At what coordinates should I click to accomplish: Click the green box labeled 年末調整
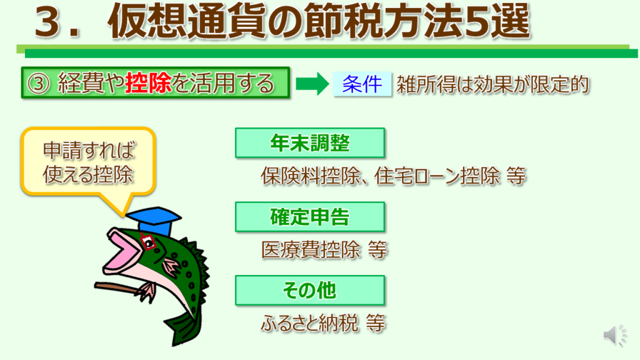coord(310,143)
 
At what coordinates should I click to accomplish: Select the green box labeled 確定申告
coord(310,217)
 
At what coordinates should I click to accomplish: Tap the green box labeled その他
coord(310,290)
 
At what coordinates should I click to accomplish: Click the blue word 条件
coord(362,84)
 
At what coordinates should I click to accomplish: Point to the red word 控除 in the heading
coord(149,83)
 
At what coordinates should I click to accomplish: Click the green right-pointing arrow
coord(312,84)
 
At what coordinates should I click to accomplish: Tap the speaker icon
coord(615,336)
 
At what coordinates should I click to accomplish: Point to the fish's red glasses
coord(147,241)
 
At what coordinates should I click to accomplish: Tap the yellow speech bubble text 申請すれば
coord(89,150)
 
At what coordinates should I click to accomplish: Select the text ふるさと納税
coord(309,323)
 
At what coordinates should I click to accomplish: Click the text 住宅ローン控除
coord(437,176)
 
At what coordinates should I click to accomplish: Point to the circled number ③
coord(38,84)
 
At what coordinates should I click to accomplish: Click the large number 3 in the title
coord(51,23)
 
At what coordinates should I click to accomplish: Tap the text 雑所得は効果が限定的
coord(493,84)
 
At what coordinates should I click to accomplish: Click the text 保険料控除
coord(311,176)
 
